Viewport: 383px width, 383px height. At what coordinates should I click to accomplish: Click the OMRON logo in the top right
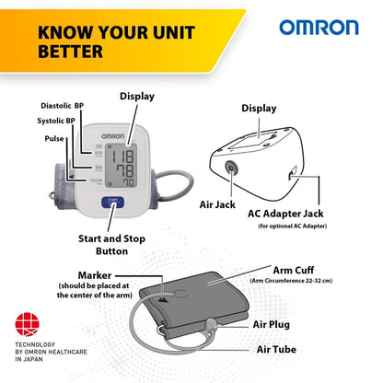(319, 27)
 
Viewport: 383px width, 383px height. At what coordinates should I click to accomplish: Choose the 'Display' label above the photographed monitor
(137, 96)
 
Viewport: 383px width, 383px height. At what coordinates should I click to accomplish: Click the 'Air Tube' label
(276, 350)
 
